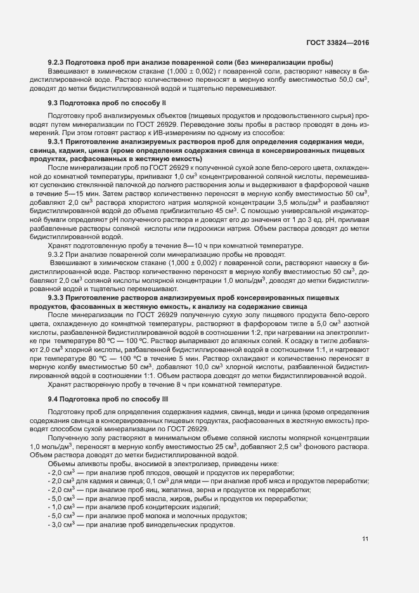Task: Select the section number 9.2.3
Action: click(x=56, y=63)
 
